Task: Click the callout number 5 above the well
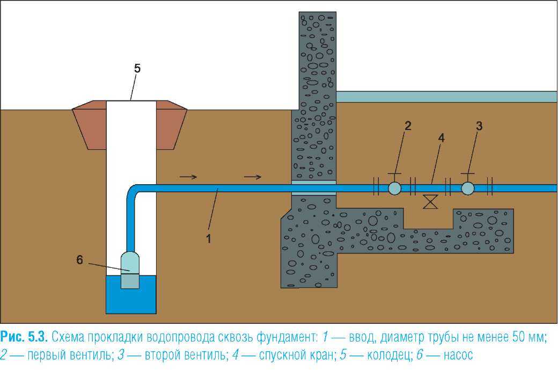pos(137,68)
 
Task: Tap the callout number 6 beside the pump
pos(79,259)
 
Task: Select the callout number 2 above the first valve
pos(408,126)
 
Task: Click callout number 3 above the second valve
pos(479,126)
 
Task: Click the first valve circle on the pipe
pos(394,188)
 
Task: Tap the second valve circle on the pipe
pos(467,188)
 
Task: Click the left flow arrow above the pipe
pos(188,176)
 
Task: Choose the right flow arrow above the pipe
pos(253,176)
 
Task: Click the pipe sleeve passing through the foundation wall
pos(313,187)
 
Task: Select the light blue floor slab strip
pos(446,97)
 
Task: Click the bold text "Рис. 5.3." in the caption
pos(25,338)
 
